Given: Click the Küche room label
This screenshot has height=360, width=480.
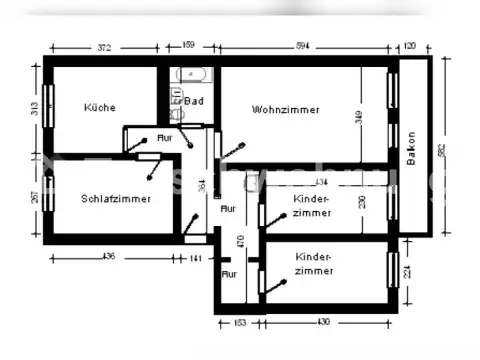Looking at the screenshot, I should tap(99, 108).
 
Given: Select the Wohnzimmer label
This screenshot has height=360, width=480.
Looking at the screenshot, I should tap(285, 110).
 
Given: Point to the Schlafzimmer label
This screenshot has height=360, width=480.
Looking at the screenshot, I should tap(116, 199).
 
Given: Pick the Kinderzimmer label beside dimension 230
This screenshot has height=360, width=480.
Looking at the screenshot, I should tap(312, 207).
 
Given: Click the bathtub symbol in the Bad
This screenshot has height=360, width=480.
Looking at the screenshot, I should tap(189, 76).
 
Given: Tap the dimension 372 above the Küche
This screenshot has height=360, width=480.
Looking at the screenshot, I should tap(101, 47).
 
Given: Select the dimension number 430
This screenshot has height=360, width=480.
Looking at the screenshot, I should tap(323, 322).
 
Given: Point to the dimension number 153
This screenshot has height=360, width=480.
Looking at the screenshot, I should tap(239, 322).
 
